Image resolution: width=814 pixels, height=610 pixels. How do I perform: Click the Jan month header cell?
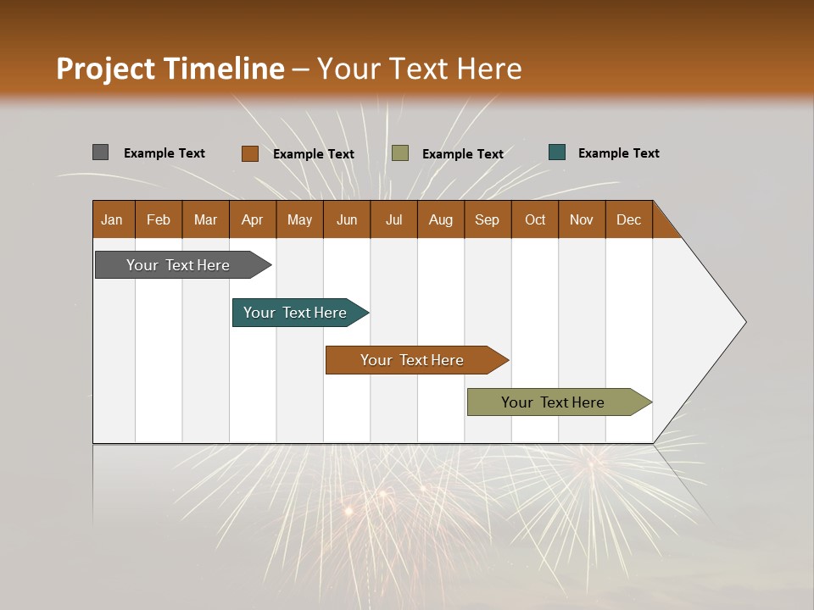(x=113, y=219)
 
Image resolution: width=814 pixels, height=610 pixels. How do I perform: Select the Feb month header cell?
(x=159, y=219)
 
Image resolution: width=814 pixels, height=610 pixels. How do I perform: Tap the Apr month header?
(x=253, y=219)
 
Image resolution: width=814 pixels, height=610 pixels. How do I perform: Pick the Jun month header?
(x=347, y=219)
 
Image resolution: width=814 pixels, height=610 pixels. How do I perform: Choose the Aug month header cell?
(x=441, y=219)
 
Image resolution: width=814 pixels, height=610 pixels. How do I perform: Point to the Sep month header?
(x=488, y=219)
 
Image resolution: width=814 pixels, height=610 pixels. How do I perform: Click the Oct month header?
(x=535, y=219)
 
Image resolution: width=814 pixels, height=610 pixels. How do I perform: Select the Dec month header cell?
(x=629, y=219)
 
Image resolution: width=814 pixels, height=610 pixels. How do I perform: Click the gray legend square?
(x=100, y=152)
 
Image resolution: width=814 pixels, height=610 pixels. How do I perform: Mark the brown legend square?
(x=249, y=153)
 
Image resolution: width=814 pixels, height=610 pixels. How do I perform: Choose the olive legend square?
(x=400, y=153)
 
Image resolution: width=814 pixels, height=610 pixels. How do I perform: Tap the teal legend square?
(x=557, y=152)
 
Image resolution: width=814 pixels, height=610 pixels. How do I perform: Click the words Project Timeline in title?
(x=170, y=69)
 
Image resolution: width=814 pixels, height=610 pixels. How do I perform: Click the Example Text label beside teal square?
(x=618, y=153)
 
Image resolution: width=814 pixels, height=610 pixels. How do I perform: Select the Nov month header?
(x=582, y=219)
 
